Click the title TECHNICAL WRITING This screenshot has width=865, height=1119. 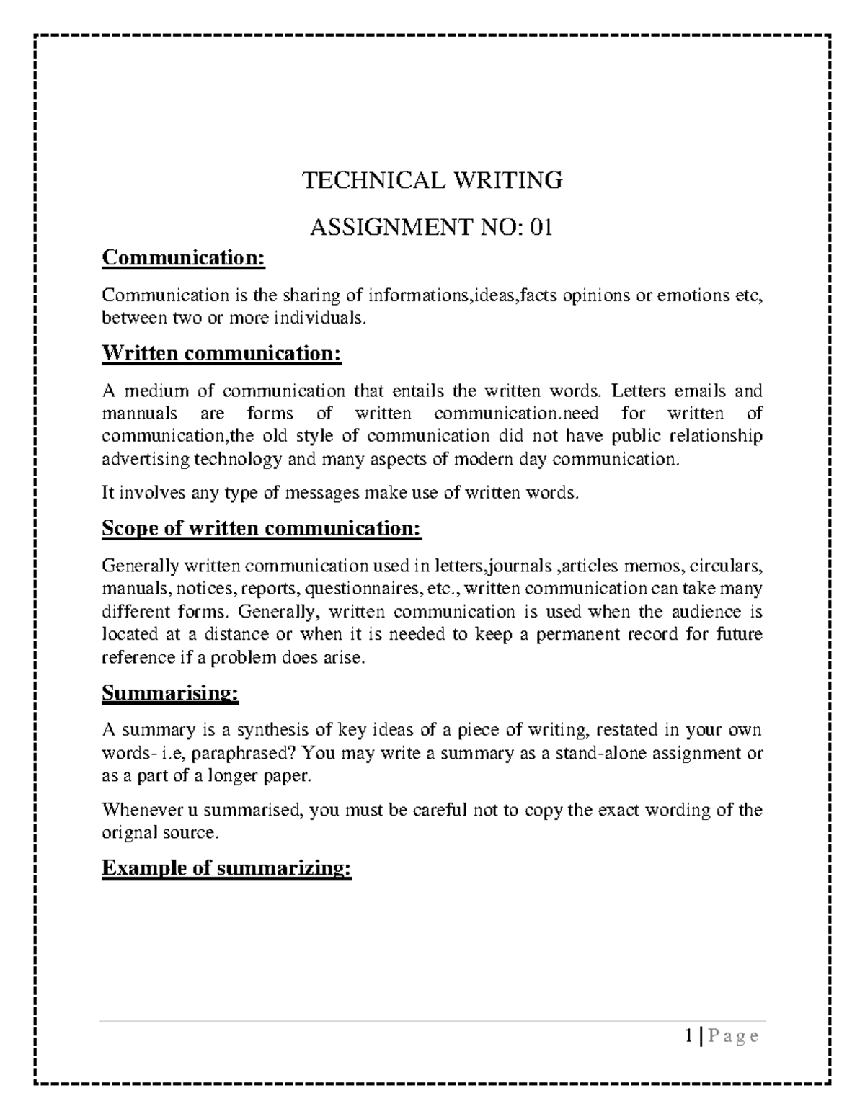click(x=432, y=180)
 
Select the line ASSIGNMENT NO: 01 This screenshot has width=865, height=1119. click(x=432, y=228)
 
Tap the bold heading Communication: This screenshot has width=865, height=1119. click(x=184, y=257)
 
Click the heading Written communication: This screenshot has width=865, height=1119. click(x=221, y=353)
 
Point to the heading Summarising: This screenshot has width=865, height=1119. click(x=170, y=693)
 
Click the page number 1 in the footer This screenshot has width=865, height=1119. click(x=690, y=1037)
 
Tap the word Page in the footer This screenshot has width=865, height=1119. click(x=734, y=1037)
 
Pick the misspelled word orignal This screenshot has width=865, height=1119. click(x=130, y=833)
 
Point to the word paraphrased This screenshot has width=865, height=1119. click(x=246, y=754)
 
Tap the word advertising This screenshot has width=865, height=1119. click(x=146, y=460)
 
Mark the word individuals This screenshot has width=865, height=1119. click(x=321, y=318)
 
